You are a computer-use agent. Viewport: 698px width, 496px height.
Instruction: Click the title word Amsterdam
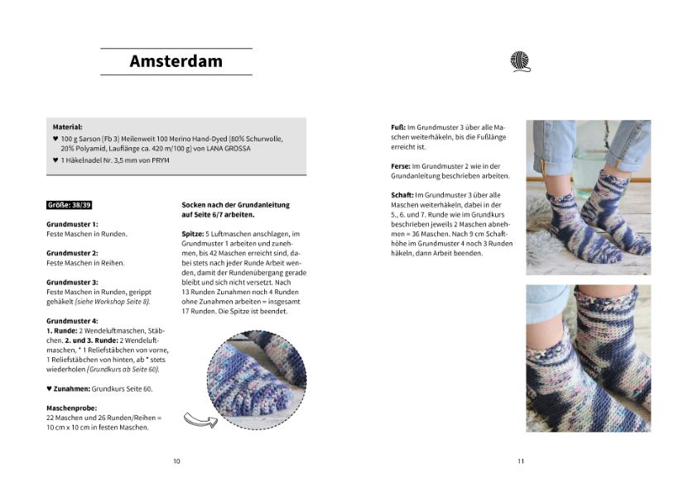[x=176, y=61]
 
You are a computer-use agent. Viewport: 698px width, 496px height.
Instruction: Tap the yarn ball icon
[x=520, y=61]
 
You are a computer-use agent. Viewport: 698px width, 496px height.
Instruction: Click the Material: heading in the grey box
[x=67, y=126]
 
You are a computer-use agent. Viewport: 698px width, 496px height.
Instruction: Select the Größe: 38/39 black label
[x=69, y=203]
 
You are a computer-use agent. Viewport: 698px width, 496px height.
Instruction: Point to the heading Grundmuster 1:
[x=72, y=224]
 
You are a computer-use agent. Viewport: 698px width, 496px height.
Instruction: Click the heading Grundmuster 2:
[x=72, y=253]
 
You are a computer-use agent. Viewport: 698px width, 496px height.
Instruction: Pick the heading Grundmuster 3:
[x=72, y=282]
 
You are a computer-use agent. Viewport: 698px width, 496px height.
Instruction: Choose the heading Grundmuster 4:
[x=72, y=321]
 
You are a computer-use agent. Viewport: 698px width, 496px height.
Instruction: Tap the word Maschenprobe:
[x=71, y=408]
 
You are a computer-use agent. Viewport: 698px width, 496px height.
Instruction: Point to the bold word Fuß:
[x=397, y=127]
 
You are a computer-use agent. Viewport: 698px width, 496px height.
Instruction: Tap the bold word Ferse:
[x=400, y=166]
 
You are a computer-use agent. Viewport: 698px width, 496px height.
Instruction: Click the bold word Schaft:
[x=402, y=195]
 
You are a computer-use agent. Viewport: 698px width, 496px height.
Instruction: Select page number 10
[x=176, y=461]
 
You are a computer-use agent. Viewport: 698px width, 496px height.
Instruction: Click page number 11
[x=520, y=461]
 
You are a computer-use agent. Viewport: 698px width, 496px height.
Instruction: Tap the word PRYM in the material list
[x=161, y=160]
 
